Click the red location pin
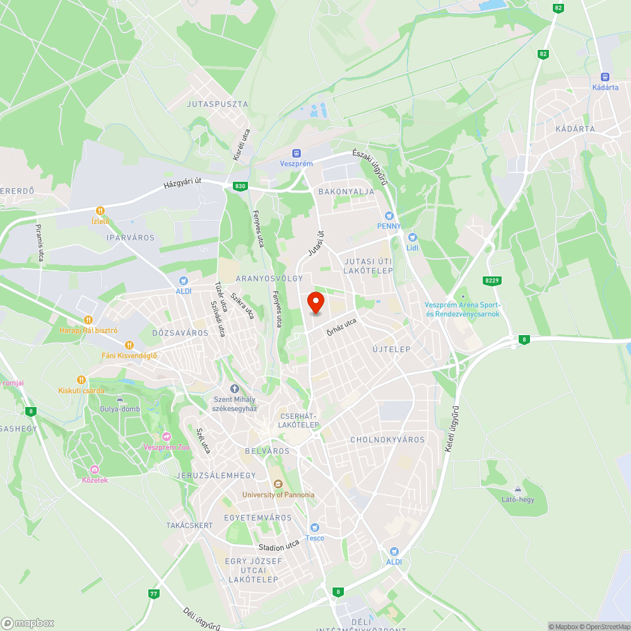click(x=315, y=303)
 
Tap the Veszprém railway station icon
click(x=296, y=153)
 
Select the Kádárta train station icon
click(x=605, y=76)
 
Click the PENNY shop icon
click(x=389, y=216)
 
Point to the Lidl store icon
click(x=413, y=237)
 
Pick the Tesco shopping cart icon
click(x=314, y=528)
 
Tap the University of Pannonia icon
click(x=278, y=484)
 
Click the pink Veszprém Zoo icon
click(x=167, y=437)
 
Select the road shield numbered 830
click(x=240, y=186)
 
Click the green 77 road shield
click(x=154, y=594)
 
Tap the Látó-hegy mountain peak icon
click(x=517, y=489)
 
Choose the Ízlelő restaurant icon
click(x=100, y=210)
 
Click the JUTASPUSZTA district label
click(x=218, y=104)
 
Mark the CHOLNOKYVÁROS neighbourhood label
click(x=387, y=440)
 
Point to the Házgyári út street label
click(x=182, y=183)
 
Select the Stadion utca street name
click(x=279, y=546)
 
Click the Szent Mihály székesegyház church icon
click(x=235, y=389)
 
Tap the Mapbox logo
click(x=28, y=623)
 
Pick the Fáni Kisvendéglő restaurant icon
click(x=129, y=345)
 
